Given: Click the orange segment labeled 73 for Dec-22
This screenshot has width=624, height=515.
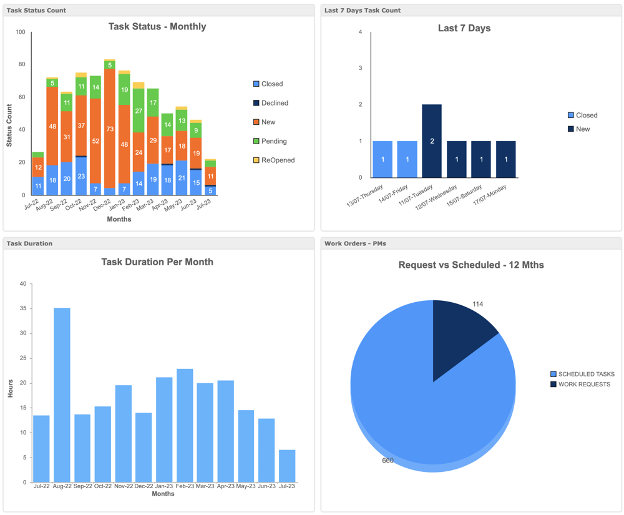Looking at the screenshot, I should pyautogui.click(x=110, y=129).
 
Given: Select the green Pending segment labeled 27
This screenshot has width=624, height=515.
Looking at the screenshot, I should pyautogui.click(x=139, y=111).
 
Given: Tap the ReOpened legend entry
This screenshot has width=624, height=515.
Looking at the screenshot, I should pyautogui.click(x=274, y=160).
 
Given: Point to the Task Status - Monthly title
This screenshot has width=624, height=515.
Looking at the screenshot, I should pyautogui.click(x=157, y=27).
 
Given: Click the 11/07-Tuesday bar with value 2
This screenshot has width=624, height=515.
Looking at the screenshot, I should pyautogui.click(x=432, y=141).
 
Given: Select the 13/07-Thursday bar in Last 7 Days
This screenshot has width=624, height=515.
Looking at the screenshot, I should pyautogui.click(x=383, y=159).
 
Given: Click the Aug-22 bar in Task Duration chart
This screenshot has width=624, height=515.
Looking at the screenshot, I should pyautogui.click(x=62, y=395).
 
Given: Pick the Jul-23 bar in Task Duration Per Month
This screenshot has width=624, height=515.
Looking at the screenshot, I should pyautogui.click(x=287, y=466).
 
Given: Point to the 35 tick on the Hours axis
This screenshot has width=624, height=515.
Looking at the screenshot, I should pyautogui.click(x=22, y=308).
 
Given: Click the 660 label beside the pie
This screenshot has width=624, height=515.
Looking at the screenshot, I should pyautogui.click(x=388, y=461).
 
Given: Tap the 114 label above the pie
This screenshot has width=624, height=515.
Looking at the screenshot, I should pyautogui.click(x=477, y=305).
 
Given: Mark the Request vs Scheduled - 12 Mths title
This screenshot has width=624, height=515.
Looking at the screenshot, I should pyautogui.click(x=471, y=265).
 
